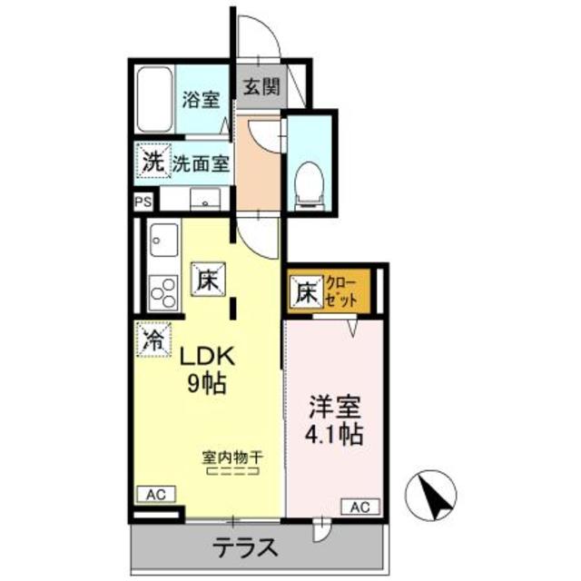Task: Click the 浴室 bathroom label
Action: pos(200,100)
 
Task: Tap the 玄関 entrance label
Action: pos(260,88)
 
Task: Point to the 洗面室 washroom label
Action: pos(200,165)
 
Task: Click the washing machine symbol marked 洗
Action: pos(151,163)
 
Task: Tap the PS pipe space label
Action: pos(143,203)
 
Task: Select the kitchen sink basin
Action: pos(163,241)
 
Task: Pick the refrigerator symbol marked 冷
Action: pos(153,341)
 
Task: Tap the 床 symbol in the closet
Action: pos(305,293)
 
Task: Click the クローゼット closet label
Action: pos(343,292)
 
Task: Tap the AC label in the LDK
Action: pos(154,494)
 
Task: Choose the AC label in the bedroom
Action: pos(359,506)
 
